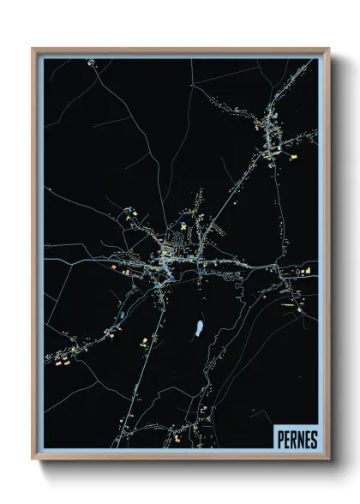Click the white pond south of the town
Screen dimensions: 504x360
[199, 327]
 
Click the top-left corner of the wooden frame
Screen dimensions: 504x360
[33, 49]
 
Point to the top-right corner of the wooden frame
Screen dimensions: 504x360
[328, 49]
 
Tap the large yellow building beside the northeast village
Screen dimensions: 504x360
[267, 157]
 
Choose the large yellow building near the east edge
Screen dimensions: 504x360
[302, 273]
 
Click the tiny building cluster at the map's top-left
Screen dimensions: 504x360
[88, 62]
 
